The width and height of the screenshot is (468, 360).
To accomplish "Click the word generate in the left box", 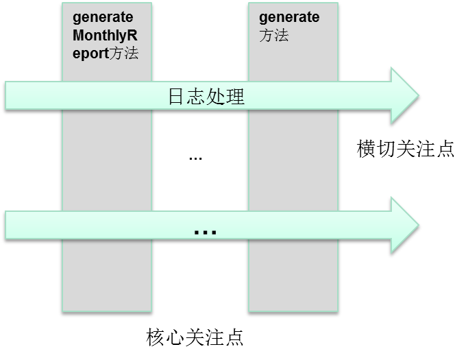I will [x=103, y=17].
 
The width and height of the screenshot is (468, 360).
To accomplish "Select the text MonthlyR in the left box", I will [x=104, y=35].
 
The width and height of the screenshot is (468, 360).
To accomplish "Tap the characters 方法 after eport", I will [x=124, y=53].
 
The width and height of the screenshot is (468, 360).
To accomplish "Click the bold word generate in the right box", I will [x=289, y=17].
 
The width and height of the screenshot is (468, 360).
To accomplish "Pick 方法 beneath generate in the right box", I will [x=273, y=36].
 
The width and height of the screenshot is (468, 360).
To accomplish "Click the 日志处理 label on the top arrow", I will [x=206, y=96].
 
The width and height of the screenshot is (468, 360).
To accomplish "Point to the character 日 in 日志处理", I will [x=177, y=96].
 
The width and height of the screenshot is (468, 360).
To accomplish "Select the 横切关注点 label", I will [x=406, y=149].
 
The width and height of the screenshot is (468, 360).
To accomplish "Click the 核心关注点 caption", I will [x=195, y=337].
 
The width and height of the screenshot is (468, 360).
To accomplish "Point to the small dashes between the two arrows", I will [x=195, y=159].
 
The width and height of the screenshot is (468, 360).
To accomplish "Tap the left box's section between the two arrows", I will [x=106, y=159].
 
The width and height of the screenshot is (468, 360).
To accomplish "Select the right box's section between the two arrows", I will [x=293, y=159].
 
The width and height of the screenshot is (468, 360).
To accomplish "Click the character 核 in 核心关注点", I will [x=156, y=337].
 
